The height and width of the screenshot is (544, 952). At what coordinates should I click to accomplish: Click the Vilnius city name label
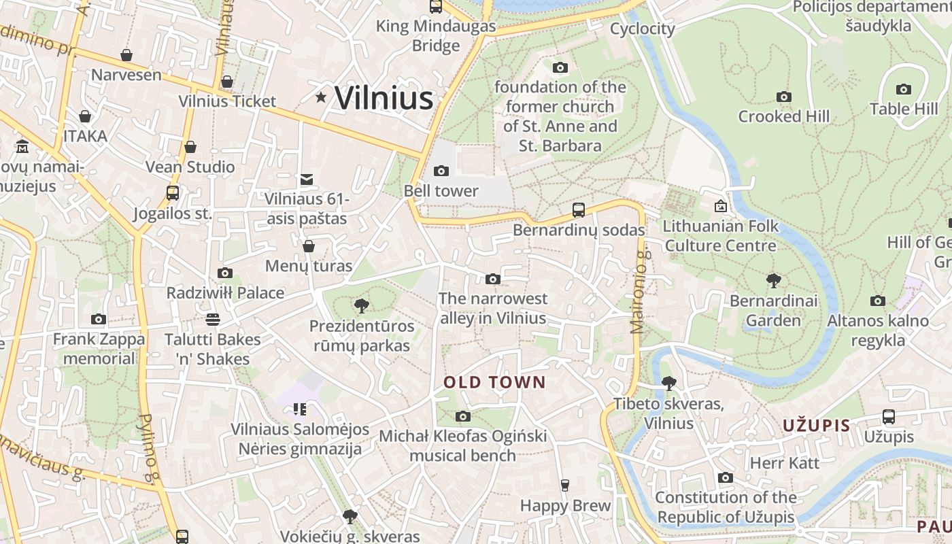pos(384,98)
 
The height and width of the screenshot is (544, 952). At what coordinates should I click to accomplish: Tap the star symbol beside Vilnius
pos(321,98)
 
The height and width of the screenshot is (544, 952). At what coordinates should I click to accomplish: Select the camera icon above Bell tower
pos(441,171)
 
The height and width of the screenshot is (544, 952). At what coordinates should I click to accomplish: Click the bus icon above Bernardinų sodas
pos(579,210)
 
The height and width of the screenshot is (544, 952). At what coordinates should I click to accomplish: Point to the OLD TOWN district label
pos(494,382)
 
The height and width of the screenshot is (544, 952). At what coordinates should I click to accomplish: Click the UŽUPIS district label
pos(816,426)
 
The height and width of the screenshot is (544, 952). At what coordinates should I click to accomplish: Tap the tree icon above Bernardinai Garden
pos(773,280)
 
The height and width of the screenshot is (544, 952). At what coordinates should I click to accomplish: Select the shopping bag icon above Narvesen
pos(126,55)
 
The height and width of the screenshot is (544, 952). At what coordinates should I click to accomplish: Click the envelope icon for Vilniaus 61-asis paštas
pos(307,180)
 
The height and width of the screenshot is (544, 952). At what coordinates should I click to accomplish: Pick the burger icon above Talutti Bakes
pos(213,319)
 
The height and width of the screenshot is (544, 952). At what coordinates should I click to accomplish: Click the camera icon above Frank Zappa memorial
pos(99,319)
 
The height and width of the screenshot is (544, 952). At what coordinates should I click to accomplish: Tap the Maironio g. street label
pos(638,291)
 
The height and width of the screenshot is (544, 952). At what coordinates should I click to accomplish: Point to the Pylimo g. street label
pos(148,449)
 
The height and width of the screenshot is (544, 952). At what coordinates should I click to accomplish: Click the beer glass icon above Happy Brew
pos(564,485)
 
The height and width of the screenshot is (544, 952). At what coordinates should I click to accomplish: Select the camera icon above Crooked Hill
pos(784,97)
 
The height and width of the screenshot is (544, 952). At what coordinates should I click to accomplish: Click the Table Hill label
pos(904,109)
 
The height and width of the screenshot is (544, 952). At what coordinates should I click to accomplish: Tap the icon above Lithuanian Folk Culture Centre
pos(720,206)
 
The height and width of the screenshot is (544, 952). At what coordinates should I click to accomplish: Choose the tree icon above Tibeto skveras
pos(668,383)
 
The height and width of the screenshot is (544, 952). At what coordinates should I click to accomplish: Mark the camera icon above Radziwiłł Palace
pos(225,273)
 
